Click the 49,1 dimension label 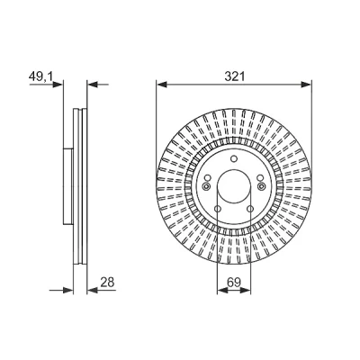pos(40,77)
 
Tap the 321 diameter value pos(235,76)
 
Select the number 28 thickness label pos(107,283)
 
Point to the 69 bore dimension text pos(234,283)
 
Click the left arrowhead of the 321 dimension pos(161,85)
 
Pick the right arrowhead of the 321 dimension pos(307,85)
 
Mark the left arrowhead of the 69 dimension pos(221,290)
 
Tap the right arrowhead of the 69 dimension pos(246,290)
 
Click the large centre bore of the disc pos(234,185)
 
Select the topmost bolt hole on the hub pos(234,158)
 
